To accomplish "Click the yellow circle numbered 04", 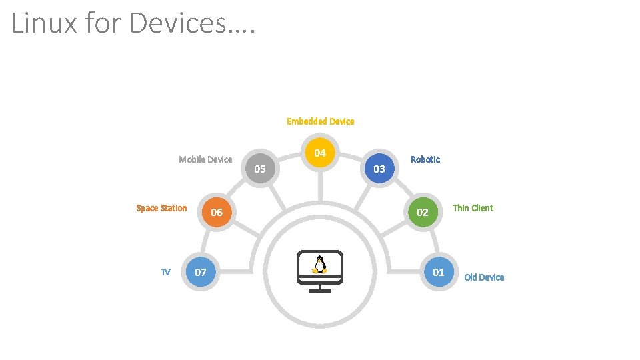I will (320, 153).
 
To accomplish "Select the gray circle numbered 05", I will (260, 169).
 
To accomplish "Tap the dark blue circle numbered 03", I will (379, 169).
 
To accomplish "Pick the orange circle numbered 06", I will (217, 213).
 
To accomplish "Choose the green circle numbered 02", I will (423, 213).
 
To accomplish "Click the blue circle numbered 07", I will (200, 272).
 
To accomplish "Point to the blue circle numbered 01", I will (439, 272).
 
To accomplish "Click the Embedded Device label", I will (320, 121).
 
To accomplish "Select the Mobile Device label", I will (205, 159).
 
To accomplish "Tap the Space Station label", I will (161, 208).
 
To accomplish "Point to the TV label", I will (165, 271).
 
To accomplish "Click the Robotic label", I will (425, 159).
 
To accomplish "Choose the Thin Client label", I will (473, 208).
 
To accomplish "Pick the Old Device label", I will (484, 277).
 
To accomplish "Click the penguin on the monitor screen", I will (320, 265).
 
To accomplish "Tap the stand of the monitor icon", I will (320, 286).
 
